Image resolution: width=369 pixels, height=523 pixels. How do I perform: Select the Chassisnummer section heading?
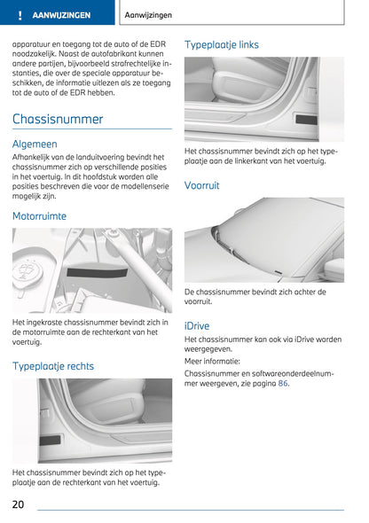coord(58,119)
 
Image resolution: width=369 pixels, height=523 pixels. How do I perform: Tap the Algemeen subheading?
coord(35,144)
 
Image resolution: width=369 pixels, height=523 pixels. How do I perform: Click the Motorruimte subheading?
coord(39,215)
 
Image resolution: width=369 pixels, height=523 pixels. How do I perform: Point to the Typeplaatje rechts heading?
coord(53,366)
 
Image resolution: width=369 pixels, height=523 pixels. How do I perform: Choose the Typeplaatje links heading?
coord(222,43)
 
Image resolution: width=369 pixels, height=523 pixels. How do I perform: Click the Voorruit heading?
coord(202,185)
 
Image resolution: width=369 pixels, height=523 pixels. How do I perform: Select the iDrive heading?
coord(197,325)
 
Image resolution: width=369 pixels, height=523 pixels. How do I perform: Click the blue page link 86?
coord(283,384)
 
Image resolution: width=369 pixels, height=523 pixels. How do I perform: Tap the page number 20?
coord(19,504)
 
